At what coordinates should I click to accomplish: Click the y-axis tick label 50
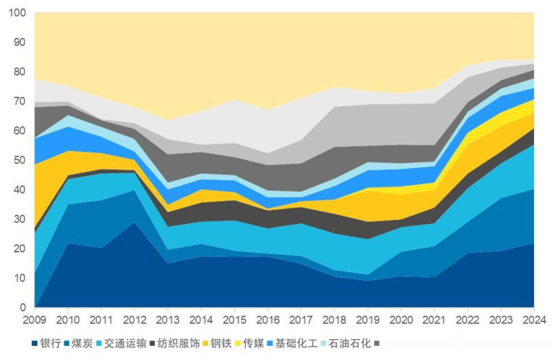pyautogui.click(x=22, y=161)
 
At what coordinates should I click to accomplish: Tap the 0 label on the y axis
pyautogui.click(x=24, y=308)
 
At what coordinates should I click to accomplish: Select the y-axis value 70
pyautogui.click(x=22, y=103)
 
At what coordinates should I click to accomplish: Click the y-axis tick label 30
pyautogui.click(x=22, y=220)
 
